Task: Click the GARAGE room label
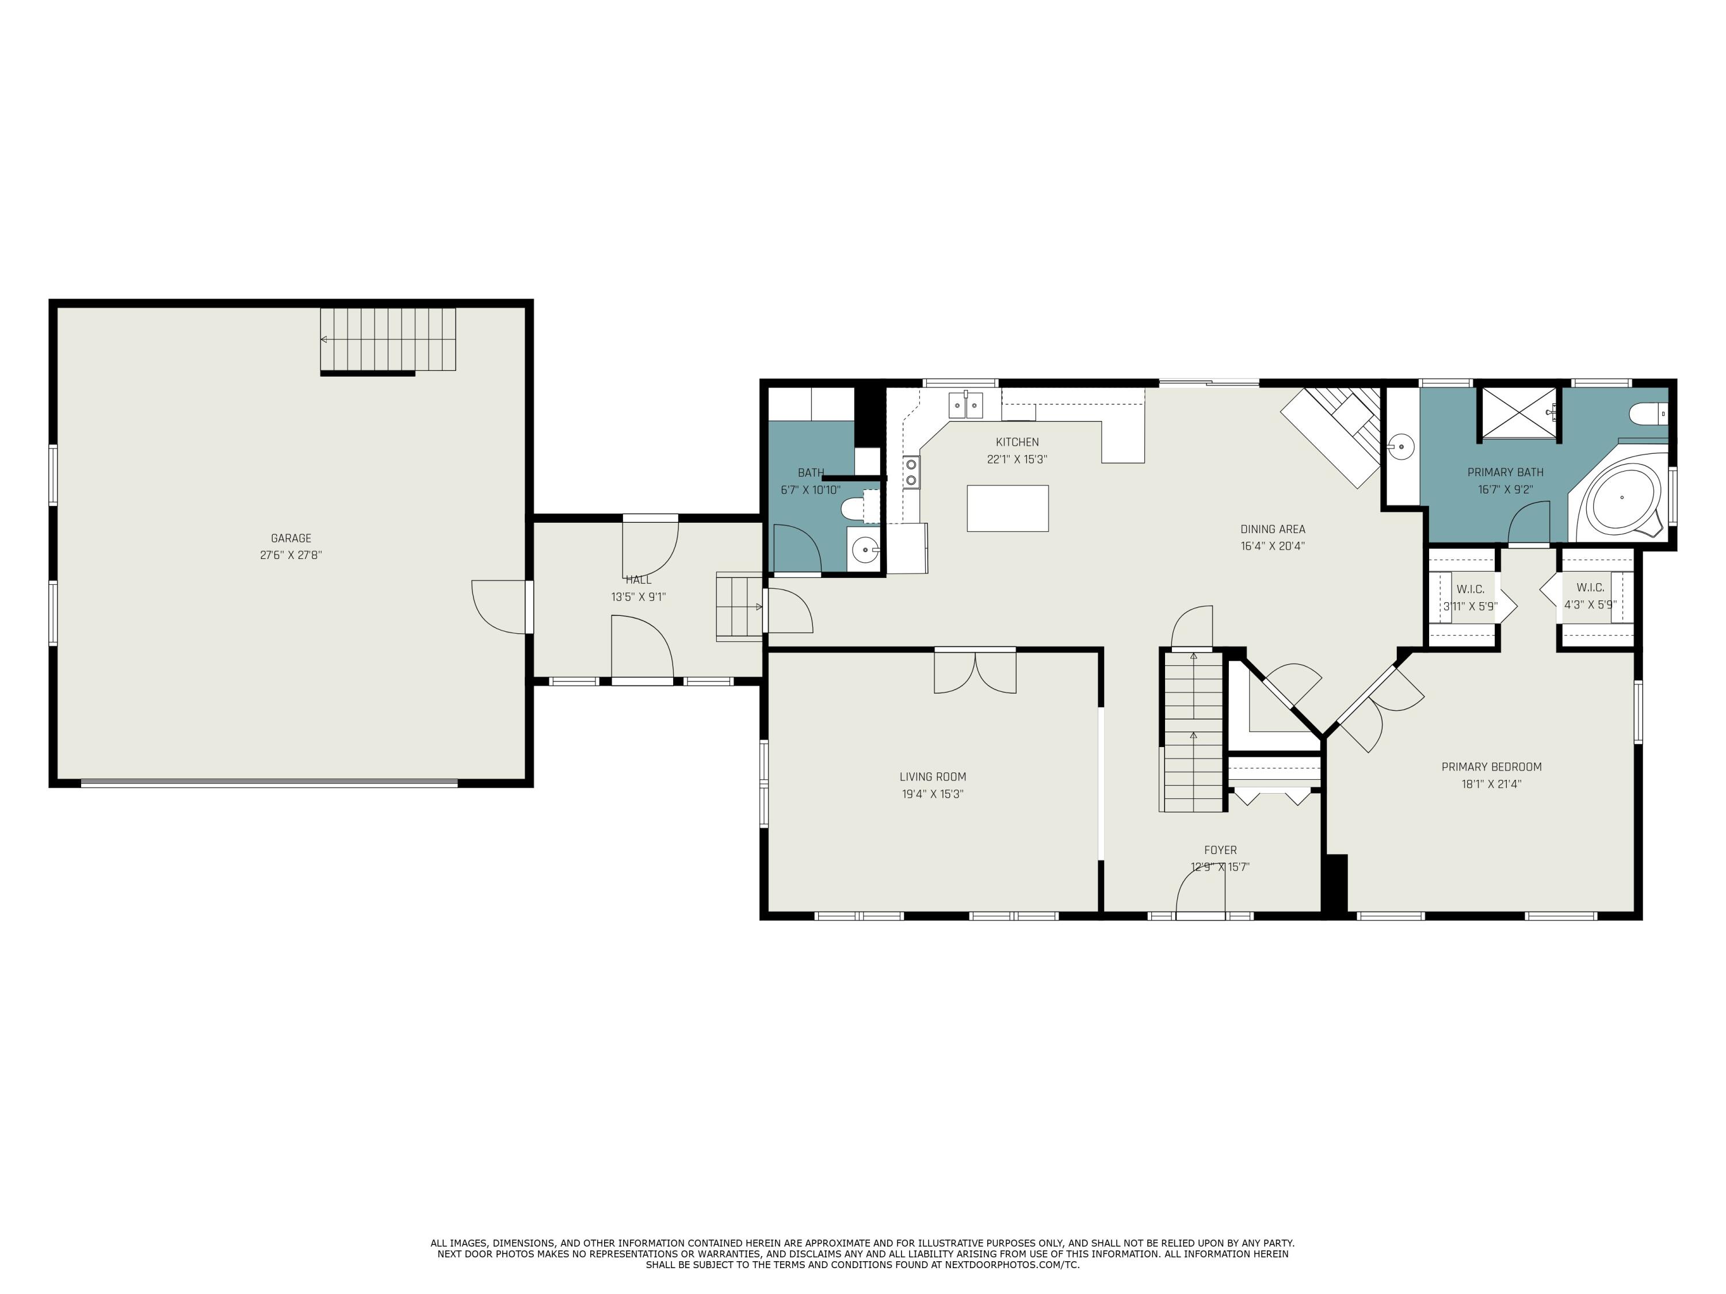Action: click(x=291, y=538)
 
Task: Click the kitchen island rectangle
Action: click(x=1007, y=508)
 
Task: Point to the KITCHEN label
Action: click(x=1018, y=442)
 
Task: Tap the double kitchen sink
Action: click(x=966, y=405)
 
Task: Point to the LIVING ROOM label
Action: click(x=933, y=777)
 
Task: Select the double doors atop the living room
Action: click(x=975, y=670)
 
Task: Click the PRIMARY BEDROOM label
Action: click(x=1491, y=767)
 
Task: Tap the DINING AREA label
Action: click(x=1273, y=529)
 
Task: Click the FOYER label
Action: click(x=1220, y=850)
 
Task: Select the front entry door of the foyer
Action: click(x=1201, y=891)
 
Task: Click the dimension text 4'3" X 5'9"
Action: click(x=1590, y=604)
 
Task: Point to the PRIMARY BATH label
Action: click(x=1505, y=472)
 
